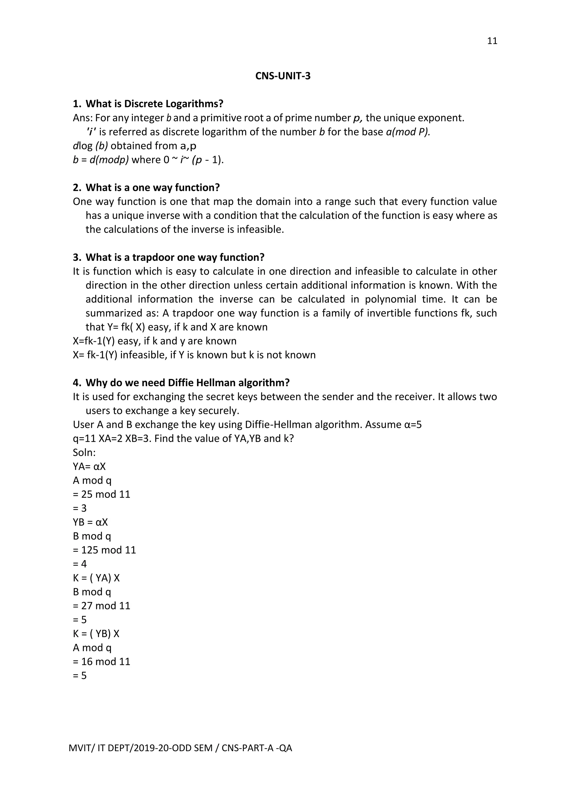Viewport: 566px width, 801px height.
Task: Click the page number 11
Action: click(492, 41)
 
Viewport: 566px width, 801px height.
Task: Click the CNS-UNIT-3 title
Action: click(283, 76)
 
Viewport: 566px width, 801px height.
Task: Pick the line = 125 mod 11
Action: click(104, 550)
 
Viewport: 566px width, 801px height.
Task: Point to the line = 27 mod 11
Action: click(101, 606)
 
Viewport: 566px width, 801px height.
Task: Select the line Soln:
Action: click(84, 452)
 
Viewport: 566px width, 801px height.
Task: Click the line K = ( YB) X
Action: click(96, 634)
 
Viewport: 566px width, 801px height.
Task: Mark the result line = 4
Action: click(80, 564)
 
